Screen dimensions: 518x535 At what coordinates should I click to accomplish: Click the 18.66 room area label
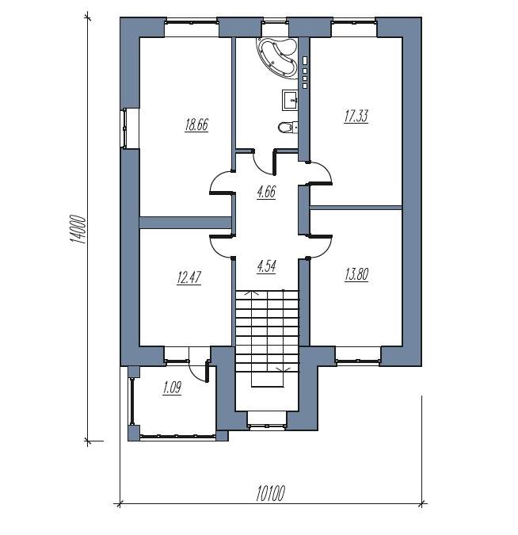196,125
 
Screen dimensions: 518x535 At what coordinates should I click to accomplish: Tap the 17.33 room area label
356,116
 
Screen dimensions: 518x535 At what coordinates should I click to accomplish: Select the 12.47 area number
189,277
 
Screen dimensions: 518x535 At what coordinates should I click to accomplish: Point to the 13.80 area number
356,274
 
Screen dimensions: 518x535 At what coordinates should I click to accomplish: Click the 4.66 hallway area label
266,192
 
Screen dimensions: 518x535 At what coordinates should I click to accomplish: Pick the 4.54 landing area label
266,266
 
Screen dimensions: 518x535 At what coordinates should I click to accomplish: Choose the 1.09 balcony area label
172,388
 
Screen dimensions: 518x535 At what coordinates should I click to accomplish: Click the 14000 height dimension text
78,229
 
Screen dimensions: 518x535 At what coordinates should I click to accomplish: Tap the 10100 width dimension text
270,494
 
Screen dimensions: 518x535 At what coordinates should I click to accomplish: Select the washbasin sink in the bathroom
290,100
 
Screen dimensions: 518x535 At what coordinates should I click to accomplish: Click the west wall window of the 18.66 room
125,128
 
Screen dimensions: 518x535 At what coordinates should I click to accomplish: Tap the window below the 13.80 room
358,357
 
